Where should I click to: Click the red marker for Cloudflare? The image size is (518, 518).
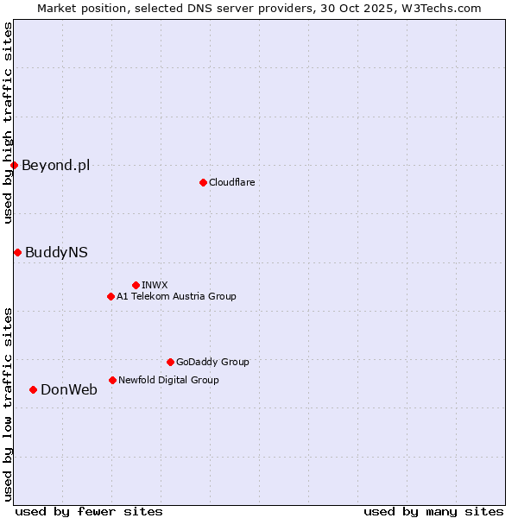point(203,182)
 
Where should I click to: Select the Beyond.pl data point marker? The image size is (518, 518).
point(14,165)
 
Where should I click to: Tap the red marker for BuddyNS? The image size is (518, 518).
point(17,252)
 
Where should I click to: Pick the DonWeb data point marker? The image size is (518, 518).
point(33,389)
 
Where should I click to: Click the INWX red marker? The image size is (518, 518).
point(136,285)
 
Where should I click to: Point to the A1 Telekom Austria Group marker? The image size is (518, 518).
point(111,296)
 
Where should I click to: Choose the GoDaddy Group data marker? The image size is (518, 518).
point(170,362)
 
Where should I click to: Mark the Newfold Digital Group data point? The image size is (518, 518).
point(112,380)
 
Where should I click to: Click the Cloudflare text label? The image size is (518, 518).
point(231,182)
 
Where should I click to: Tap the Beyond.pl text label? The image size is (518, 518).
point(55,165)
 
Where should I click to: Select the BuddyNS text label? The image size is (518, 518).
point(56,252)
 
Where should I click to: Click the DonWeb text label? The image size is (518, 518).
point(68,389)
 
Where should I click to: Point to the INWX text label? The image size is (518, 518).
point(155,285)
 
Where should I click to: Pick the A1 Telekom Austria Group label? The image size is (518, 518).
point(176,296)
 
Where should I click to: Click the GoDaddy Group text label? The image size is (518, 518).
point(212,362)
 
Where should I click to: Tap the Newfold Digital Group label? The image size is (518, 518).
point(168,380)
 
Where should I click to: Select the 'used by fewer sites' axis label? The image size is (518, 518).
point(89,511)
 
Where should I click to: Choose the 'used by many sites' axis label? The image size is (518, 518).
point(433,511)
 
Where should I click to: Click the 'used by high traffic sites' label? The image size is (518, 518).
point(8,123)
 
